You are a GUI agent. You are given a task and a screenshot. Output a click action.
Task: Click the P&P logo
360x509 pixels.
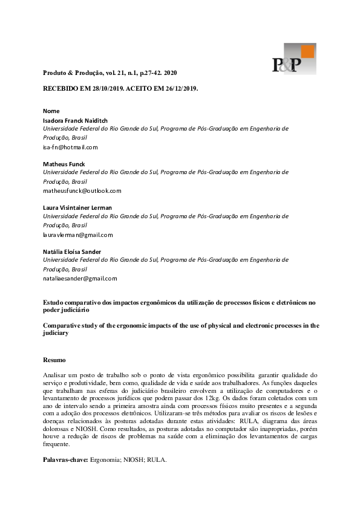point(293,59)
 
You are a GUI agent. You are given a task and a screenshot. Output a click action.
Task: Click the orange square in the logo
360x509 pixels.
point(308,51)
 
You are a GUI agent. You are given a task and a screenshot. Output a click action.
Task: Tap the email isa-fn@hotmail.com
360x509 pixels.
point(70,147)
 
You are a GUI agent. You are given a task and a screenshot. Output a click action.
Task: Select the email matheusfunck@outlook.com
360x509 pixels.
point(82,190)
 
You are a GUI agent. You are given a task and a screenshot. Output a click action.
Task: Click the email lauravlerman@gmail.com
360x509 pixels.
point(78,235)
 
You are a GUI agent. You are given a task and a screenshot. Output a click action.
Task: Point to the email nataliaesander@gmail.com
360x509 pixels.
point(80,279)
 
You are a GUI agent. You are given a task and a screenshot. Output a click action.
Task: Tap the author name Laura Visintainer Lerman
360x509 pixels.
point(77,207)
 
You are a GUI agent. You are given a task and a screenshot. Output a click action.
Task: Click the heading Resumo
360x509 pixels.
point(54,360)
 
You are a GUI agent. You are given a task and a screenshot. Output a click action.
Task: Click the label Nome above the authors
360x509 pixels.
point(51,111)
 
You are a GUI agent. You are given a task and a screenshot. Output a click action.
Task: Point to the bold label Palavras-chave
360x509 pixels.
point(65,459)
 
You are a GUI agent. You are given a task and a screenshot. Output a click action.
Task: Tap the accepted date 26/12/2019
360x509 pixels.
point(177,88)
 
